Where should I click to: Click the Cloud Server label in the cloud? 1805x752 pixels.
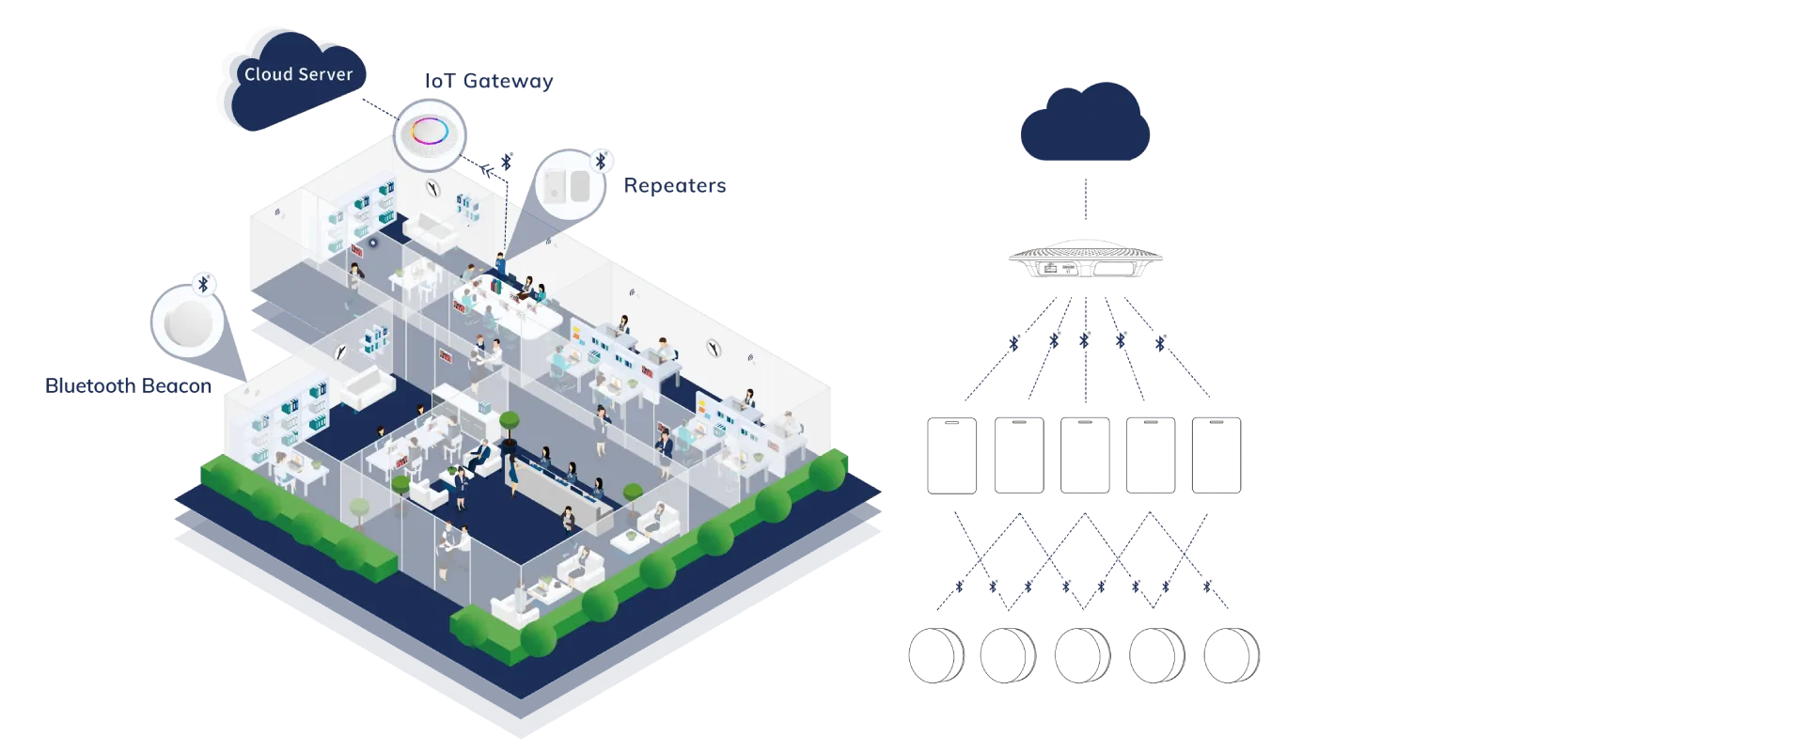298,74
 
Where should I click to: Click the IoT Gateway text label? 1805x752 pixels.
487,82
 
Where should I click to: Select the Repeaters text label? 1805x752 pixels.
676,186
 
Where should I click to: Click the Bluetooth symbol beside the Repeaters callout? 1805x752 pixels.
601,161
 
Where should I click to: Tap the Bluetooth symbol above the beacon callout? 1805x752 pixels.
203,284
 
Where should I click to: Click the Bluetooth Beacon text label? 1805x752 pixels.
128,386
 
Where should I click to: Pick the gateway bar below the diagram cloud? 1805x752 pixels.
1086,259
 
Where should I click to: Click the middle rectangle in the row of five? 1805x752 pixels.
1087,455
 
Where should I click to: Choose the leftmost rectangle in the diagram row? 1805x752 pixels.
951,455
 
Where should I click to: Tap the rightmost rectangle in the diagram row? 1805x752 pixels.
1219,455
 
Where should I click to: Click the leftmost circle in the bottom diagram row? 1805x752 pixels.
934,653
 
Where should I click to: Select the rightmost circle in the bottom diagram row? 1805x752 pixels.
1232,653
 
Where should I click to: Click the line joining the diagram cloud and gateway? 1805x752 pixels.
1087,200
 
